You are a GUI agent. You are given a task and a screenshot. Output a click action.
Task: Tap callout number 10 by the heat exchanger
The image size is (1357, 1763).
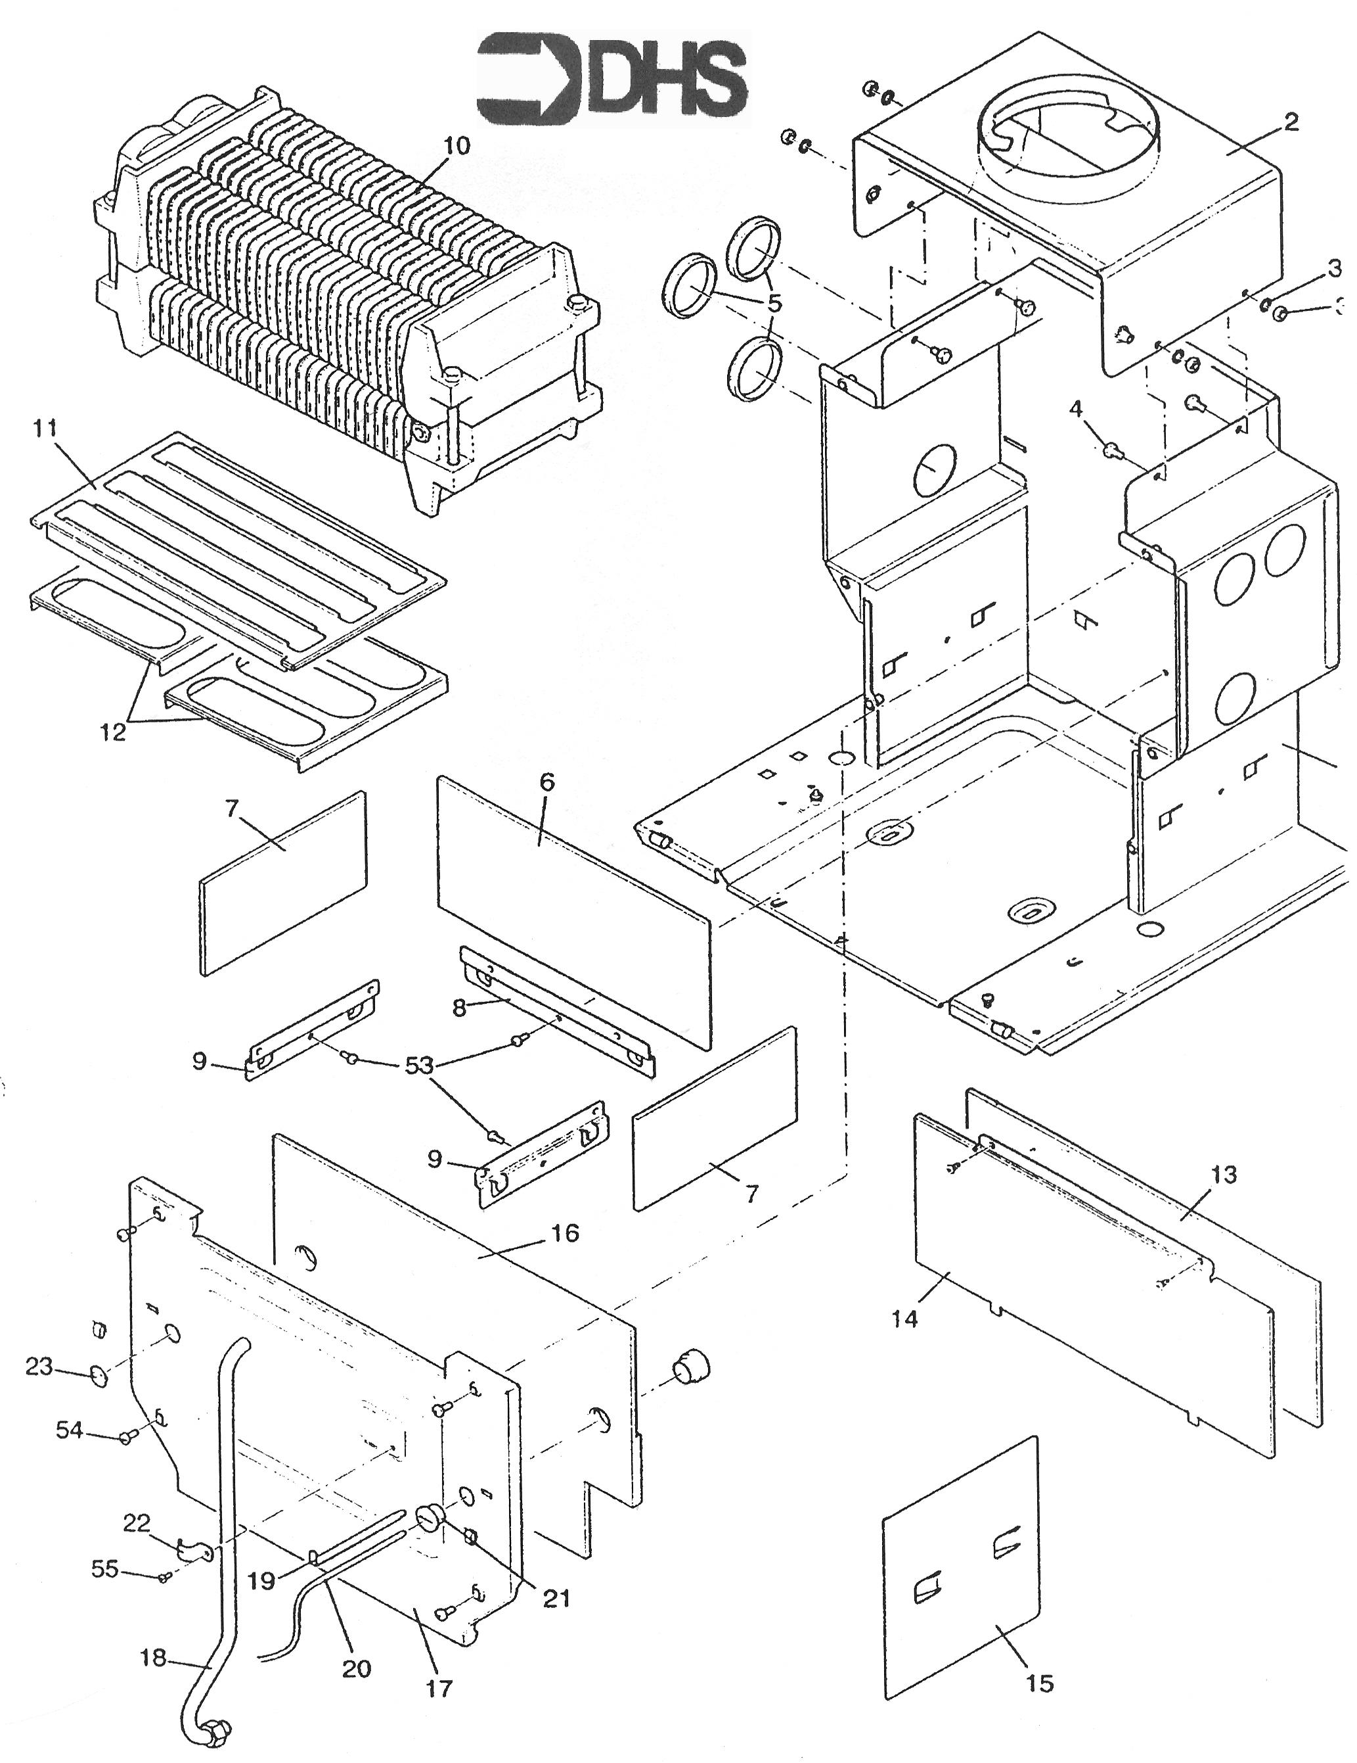tap(456, 146)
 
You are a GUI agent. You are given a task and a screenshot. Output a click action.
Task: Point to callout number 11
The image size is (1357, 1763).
tap(45, 428)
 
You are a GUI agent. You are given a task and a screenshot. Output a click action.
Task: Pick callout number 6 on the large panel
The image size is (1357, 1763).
tap(547, 782)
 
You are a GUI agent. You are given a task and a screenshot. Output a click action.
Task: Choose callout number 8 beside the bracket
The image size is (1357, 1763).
tap(460, 1008)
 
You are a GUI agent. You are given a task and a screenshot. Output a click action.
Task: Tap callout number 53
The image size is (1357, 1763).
tap(418, 1066)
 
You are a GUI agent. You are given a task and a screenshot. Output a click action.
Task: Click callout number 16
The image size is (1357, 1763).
tap(565, 1233)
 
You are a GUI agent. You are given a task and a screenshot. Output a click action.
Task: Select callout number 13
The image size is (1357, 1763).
tap(1224, 1175)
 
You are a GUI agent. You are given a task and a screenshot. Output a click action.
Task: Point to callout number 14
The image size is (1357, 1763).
tap(905, 1319)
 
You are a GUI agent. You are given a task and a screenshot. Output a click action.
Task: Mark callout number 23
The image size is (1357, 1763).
tap(39, 1367)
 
